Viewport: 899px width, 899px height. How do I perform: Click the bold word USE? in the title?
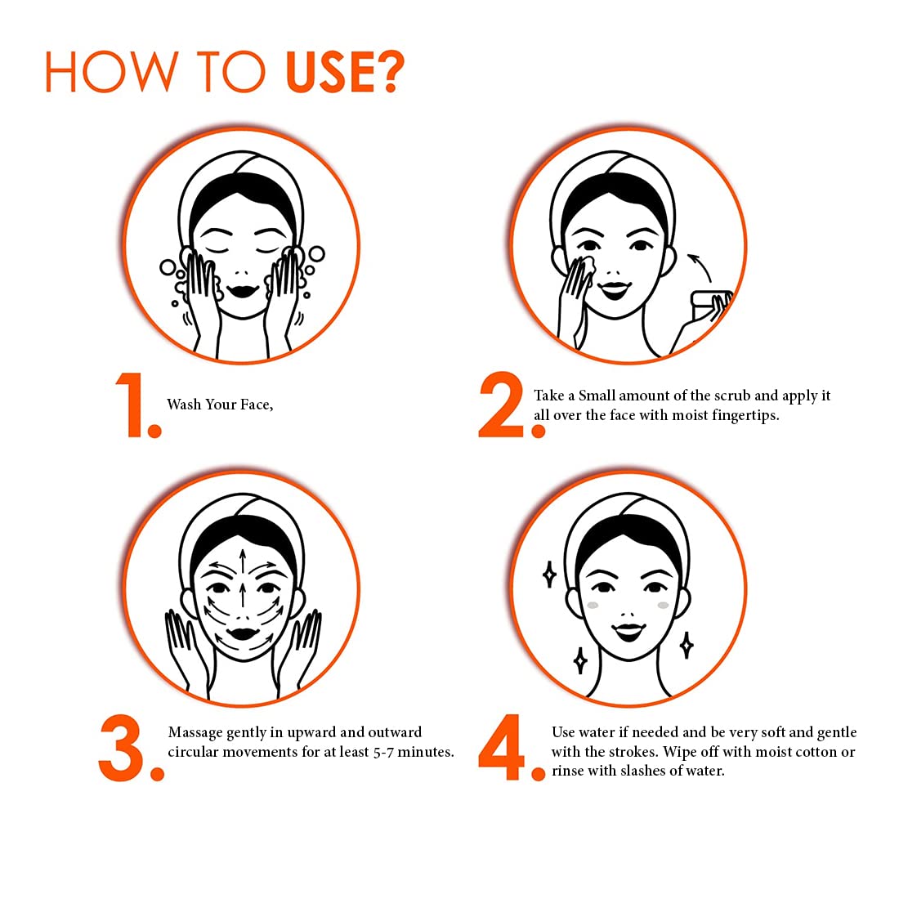[x=345, y=72]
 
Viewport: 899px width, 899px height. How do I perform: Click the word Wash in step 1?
[x=184, y=405]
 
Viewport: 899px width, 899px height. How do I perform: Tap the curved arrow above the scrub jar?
[x=700, y=266]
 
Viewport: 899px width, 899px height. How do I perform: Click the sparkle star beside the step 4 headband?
[x=549, y=574]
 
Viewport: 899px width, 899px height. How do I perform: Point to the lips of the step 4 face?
[x=628, y=632]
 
